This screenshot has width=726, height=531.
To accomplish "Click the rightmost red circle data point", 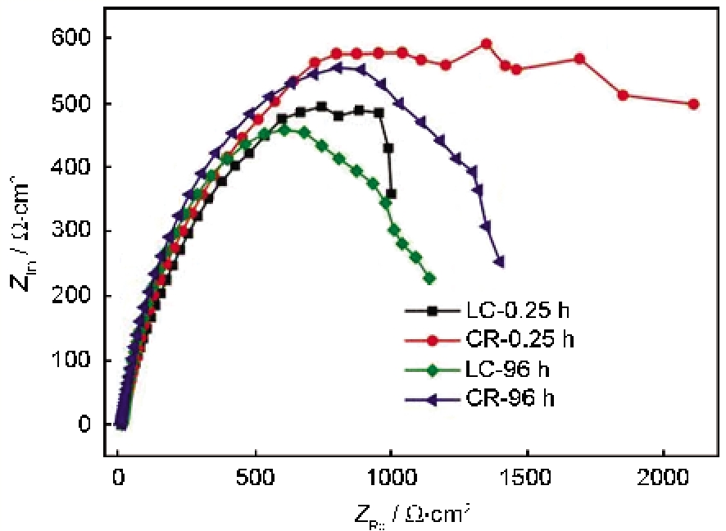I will (x=693, y=104).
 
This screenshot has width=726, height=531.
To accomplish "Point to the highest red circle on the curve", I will (x=486, y=43).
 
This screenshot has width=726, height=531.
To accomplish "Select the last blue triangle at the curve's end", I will (x=499, y=262).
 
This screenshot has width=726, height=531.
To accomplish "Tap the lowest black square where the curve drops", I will (x=391, y=194).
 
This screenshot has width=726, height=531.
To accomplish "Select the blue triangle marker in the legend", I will (x=434, y=399).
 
